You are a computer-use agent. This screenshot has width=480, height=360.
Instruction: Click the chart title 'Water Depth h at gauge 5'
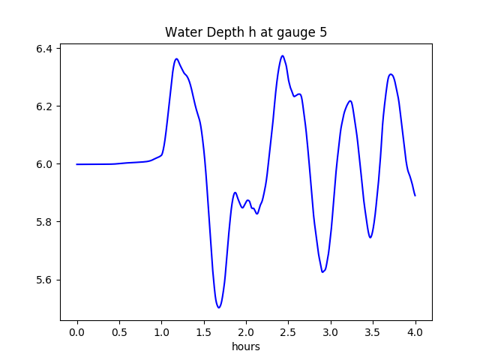pyautogui.click(x=246, y=33)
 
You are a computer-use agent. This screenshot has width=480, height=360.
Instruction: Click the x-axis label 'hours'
pyautogui.click(x=246, y=347)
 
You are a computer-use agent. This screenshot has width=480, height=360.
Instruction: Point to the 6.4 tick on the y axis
pyautogui.click(x=43, y=49)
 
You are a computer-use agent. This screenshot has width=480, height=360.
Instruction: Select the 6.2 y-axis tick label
pyautogui.click(x=43, y=106)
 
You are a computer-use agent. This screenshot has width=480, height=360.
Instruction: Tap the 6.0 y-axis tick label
pyautogui.click(x=43, y=164)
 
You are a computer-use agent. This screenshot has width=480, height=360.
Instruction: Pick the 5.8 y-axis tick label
pyautogui.click(x=43, y=222)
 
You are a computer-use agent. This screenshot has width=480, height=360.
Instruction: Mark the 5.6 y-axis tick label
pyautogui.click(x=43, y=280)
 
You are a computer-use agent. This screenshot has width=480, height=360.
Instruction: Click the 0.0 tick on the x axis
pyautogui.click(x=77, y=331)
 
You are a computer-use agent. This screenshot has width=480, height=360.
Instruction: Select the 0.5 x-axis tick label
pyautogui.click(x=119, y=331)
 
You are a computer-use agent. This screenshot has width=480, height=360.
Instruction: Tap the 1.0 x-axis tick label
pyautogui.click(x=162, y=331)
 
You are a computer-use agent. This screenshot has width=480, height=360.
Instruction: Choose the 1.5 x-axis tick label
pyautogui.click(x=204, y=331)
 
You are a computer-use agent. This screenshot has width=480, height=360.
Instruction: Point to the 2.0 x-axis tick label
pyautogui.click(x=246, y=331)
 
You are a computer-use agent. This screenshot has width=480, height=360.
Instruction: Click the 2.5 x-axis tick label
pyautogui.click(x=289, y=331)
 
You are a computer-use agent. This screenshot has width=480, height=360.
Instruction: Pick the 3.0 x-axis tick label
pyautogui.click(x=331, y=331)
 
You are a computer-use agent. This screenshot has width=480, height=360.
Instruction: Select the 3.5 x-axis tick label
pyautogui.click(x=373, y=331)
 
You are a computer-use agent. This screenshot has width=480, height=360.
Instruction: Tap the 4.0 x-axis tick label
pyautogui.click(x=415, y=331)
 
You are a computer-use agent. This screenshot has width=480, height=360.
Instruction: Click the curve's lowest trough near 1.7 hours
pyautogui.click(x=219, y=307)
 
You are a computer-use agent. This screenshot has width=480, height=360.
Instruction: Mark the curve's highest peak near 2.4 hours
pyautogui.click(x=283, y=55)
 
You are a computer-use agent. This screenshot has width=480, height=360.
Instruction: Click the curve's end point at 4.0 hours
pyautogui.click(x=415, y=196)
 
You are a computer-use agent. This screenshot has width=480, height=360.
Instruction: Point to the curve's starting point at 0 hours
pyautogui.click(x=77, y=164)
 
